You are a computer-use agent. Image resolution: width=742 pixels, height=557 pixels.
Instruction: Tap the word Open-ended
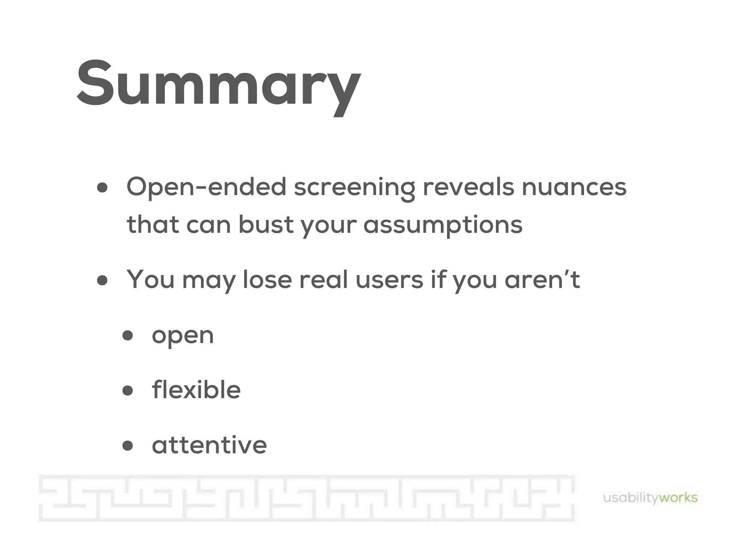pyautogui.click(x=206, y=187)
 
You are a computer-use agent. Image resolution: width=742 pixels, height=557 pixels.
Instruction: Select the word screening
pyautogui.click(x=354, y=188)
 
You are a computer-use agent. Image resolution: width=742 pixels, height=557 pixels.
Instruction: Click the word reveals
pyautogui.click(x=468, y=187)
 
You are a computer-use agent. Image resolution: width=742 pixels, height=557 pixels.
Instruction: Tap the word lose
pyautogui.click(x=267, y=280)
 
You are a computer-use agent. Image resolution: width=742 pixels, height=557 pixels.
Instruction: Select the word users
pyautogui.click(x=389, y=280)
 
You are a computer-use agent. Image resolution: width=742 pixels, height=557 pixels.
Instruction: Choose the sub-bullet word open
pyautogui.click(x=183, y=336)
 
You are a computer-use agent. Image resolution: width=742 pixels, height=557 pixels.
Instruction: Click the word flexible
pyautogui.click(x=196, y=390)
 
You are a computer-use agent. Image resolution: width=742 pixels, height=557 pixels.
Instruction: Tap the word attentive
pyautogui.click(x=209, y=445)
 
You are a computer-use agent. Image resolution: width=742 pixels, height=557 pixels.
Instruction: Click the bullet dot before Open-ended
pyautogui.click(x=103, y=188)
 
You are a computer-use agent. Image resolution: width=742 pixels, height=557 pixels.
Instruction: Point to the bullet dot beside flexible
pyautogui.click(x=128, y=391)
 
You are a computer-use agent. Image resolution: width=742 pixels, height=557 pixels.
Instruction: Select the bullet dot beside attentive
pyautogui.click(x=128, y=445)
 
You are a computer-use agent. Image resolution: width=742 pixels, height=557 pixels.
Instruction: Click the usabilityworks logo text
pyautogui.click(x=650, y=498)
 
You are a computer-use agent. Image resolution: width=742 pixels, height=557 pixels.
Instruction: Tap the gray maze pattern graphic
pyautogui.click(x=306, y=498)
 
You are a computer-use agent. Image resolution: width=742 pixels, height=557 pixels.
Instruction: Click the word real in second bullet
pyautogui.click(x=323, y=280)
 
